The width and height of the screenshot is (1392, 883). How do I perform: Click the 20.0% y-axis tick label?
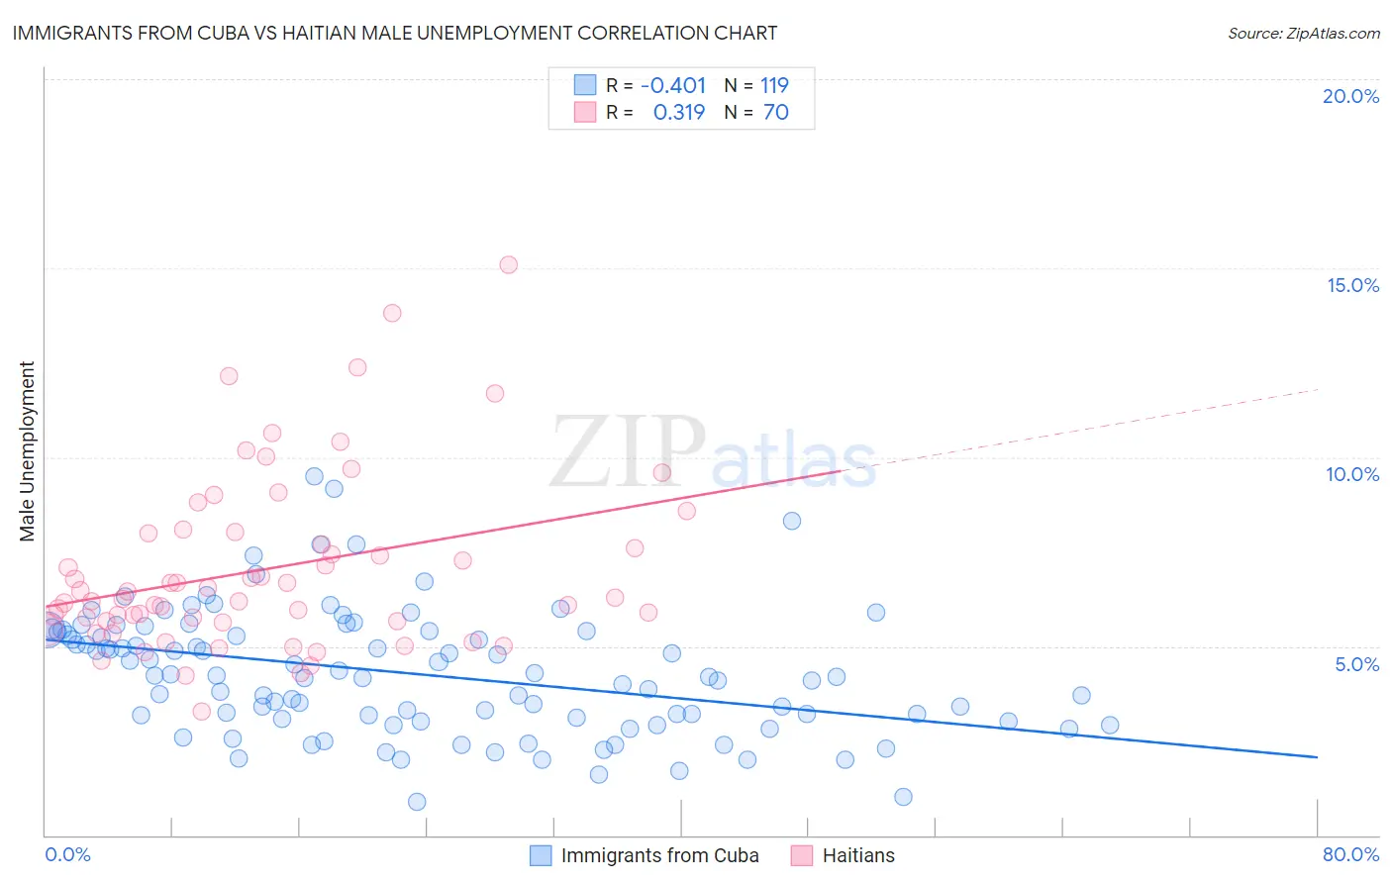[x=1350, y=96]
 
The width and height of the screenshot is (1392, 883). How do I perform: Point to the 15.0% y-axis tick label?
[x=1352, y=285]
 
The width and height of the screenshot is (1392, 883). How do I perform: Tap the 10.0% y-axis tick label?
[x=1352, y=474]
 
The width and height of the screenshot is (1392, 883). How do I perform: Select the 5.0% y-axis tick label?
[x=1356, y=664]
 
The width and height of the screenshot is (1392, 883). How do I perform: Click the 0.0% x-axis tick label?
[x=67, y=854]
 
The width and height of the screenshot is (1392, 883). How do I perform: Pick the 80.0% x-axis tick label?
[x=1350, y=854]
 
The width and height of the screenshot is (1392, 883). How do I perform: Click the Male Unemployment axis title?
[x=27, y=451]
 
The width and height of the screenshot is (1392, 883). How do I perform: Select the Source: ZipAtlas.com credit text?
[x=1303, y=33]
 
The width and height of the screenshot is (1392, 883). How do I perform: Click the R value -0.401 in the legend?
[x=673, y=85]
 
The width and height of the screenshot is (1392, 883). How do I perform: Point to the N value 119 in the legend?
[x=774, y=85]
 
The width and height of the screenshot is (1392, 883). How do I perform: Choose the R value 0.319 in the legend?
[x=679, y=112]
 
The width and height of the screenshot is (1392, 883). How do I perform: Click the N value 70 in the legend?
[x=776, y=112]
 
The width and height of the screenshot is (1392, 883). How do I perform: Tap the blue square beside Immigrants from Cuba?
[x=541, y=855]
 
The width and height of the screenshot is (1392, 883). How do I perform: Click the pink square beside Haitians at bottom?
[x=802, y=855]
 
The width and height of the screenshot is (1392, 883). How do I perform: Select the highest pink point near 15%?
[x=509, y=264]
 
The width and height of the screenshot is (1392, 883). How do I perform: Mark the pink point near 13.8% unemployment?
[x=392, y=313]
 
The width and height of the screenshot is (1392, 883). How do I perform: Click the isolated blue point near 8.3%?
[x=792, y=521]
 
